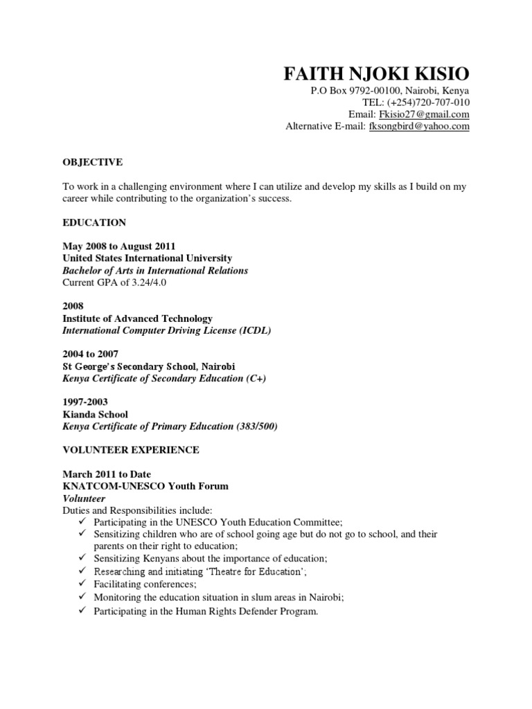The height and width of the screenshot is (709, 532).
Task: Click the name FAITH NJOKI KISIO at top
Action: pyautogui.click(x=377, y=74)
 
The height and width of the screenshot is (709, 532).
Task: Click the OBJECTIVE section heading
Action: pyautogui.click(x=92, y=162)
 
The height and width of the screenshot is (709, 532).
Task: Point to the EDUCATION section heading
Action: pyautogui.click(x=94, y=222)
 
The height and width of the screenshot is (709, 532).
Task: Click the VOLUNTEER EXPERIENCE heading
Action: pyautogui.click(x=131, y=450)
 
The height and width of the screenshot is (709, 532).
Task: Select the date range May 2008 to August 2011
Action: pyautogui.click(x=119, y=246)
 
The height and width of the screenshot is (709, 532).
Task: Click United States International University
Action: pyautogui.click(x=148, y=258)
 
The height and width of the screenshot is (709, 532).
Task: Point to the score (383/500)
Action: pyautogui.click(x=256, y=427)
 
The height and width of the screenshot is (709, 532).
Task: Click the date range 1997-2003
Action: pyautogui.click(x=85, y=402)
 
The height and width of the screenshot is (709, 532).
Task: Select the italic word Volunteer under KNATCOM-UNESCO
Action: pyautogui.click(x=84, y=499)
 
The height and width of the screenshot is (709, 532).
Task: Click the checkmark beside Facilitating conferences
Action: pyautogui.click(x=81, y=584)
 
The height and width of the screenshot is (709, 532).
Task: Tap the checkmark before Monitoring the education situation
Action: pyautogui.click(x=81, y=597)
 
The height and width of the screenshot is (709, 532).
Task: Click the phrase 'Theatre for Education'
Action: pyautogui.click(x=252, y=571)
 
